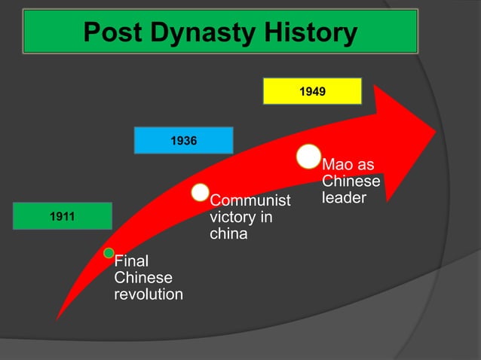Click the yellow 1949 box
pos(312,91)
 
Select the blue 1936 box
pos(183,140)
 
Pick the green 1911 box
pos(62,216)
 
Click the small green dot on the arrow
pos(109,252)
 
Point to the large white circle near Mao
pos(308,156)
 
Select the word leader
pos(344,198)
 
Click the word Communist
pos(250,201)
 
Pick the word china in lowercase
pos(228,234)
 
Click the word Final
pos(131,261)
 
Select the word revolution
pos(148,294)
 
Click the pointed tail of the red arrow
pos(57,319)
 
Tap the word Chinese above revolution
pos(142,278)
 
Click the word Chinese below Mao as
pos(351,182)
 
